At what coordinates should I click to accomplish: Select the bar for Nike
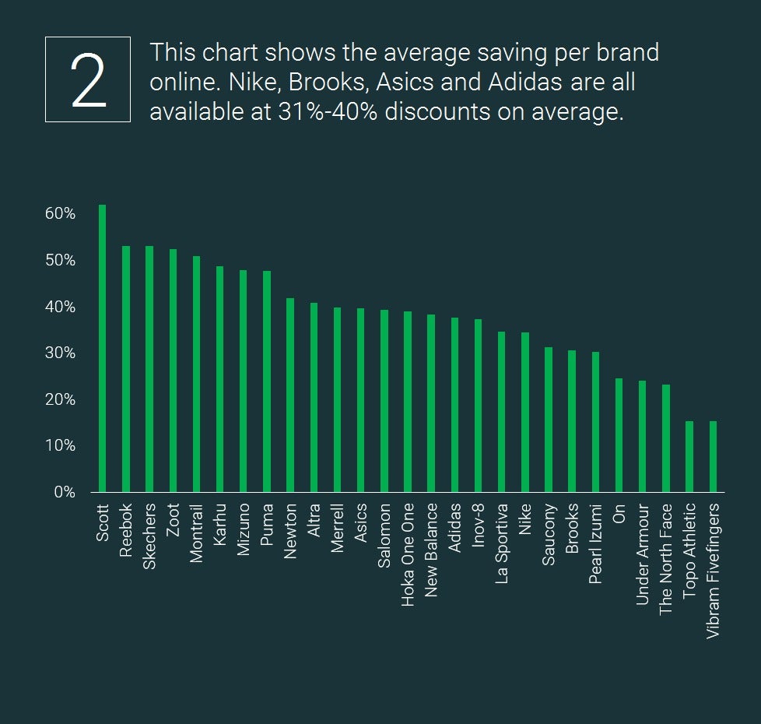click(525, 412)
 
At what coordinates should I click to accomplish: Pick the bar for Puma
click(267, 381)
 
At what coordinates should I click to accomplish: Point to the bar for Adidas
click(454, 405)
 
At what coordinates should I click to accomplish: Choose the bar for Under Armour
click(642, 436)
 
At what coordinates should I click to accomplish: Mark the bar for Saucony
click(549, 420)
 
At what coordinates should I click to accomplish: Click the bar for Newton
click(290, 395)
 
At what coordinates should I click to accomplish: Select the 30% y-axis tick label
click(60, 353)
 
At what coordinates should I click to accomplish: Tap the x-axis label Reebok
click(126, 530)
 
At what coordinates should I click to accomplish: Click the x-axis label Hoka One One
click(408, 554)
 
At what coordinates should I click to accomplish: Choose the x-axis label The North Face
click(665, 559)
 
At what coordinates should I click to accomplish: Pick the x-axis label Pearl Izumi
click(595, 543)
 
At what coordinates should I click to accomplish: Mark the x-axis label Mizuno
click(244, 531)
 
